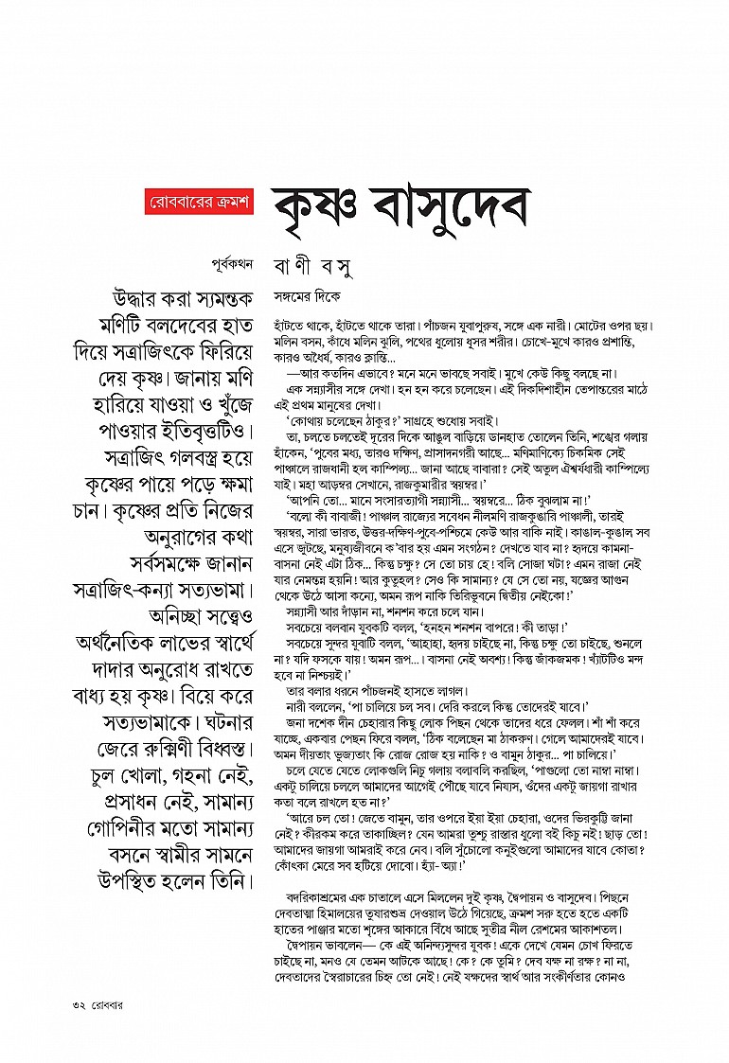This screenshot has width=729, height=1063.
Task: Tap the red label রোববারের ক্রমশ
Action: pyautogui.click(x=199, y=203)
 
